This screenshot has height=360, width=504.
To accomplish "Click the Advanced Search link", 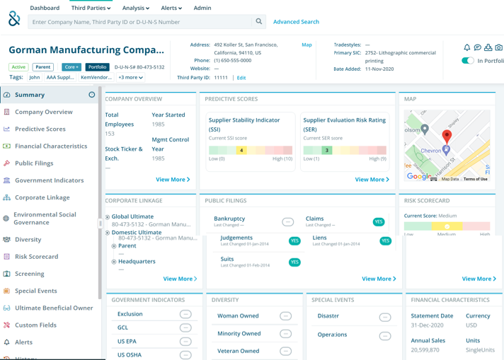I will [296, 22].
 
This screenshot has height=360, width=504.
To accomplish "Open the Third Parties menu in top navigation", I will [91, 8].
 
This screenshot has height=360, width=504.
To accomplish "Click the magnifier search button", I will [259, 22].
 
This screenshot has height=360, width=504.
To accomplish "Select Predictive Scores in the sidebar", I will [40, 129].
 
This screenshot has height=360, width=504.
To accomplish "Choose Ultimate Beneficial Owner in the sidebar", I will [54, 308].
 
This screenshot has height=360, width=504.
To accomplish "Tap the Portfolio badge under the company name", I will [97, 67].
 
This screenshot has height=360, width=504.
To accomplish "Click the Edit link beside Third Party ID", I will [241, 78].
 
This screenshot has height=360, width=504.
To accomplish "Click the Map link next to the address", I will [307, 45].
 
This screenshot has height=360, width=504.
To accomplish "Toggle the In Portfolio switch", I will [468, 61].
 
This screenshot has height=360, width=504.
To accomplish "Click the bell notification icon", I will [467, 47].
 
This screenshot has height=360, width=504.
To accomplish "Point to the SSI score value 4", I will [241, 150].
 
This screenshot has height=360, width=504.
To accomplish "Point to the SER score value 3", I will [326, 150].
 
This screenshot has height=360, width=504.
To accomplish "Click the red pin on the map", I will [447, 135].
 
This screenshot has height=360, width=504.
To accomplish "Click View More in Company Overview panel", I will [173, 180].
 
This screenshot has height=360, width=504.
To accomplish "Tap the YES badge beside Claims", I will [379, 222].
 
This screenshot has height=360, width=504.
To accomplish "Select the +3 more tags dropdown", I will [131, 78].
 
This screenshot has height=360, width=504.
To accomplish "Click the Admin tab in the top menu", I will [202, 8].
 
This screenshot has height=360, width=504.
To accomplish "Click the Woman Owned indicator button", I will [285, 316].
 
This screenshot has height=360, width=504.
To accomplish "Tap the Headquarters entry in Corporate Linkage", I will [137, 262].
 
